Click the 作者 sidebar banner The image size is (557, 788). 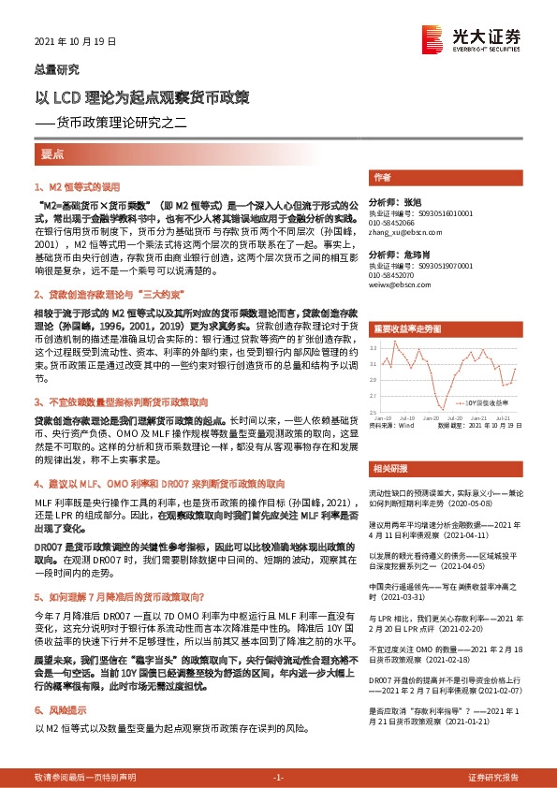[x=381, y=177]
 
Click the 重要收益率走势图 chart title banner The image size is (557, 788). [x=406, y=328]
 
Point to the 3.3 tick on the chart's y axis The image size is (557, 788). [x=374, y=347]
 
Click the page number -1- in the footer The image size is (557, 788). [x=278, y=777]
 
